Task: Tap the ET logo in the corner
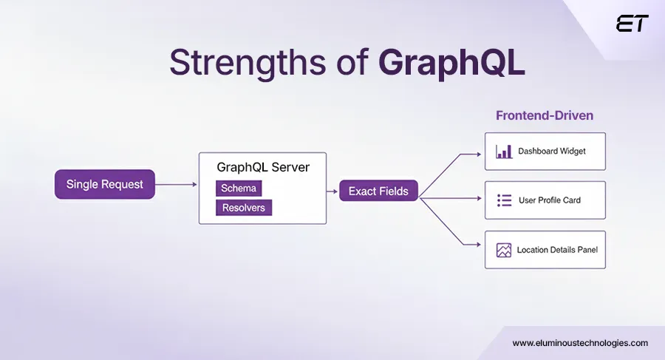pyautogui.click(x=632, y=24)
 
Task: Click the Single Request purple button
pyautogui.click(x=105, y=184)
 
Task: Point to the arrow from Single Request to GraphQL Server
pyautogui.click(x=177, y=184)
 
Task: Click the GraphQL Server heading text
pyautogui.click(x=263, y=168)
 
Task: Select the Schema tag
pyautogui.click(x=239, y=189)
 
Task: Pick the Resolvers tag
pyautogui.click(x=244, y=208)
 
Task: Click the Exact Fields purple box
pyautogui.click(x=378, y=191)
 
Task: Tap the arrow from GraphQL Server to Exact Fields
pyautogui.click(x=332, y=191)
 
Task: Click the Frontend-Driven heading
pyautogui.click(x=545, y=116)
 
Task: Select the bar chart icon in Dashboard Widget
pyautogui.click(x=504, y=152)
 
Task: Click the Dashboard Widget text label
pyautogui.click(x=551, y=152)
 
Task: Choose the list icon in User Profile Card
pyautogui.click(x=504, y=200)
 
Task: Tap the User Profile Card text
pyautogui.click(x=549, y=200)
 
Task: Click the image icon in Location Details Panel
pyautogui.click(x=504, y=250)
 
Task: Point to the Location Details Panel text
pyautogui.click(x=557, y=250)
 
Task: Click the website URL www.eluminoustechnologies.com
pyautogui.click(x=580, y=343)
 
